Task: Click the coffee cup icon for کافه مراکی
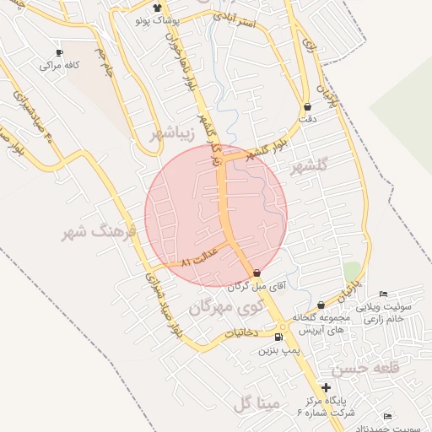[x=59, y=52]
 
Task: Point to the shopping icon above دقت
[x=306, y=107]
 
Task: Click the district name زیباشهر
[x=177, y=132]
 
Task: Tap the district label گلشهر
[x=308, y=169]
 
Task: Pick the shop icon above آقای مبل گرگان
[x=256, y=273]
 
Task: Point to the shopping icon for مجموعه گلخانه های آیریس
[x=321, y=305]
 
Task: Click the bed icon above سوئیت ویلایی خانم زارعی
[x=384, y=294]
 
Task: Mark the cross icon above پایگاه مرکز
[x=327, y=387]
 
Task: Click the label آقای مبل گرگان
[x=257, y=286]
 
